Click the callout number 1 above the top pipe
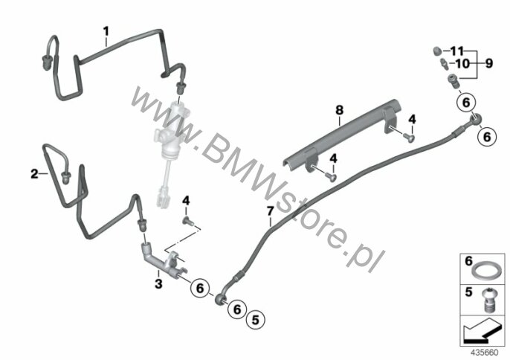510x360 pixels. click(106, 31)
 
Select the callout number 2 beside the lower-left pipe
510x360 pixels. click(34, 174)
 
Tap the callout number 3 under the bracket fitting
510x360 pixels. click(158, 284)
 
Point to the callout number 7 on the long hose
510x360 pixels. click(271, 211)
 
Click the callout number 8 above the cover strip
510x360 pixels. click(339, 110)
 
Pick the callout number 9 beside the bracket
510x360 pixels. click(489, 63)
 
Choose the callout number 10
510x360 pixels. click(463, 63)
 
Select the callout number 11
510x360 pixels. click(456, 51)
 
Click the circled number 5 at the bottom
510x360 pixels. click(256, 320)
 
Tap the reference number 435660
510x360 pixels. click(485, 353)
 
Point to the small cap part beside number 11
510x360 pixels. click(437, 51)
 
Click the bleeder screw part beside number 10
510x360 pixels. click(444, 63)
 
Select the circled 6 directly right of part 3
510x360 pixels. click(200, 288)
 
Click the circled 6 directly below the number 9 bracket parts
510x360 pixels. click(466, 103)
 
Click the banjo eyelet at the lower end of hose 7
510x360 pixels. click(220, 299)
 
